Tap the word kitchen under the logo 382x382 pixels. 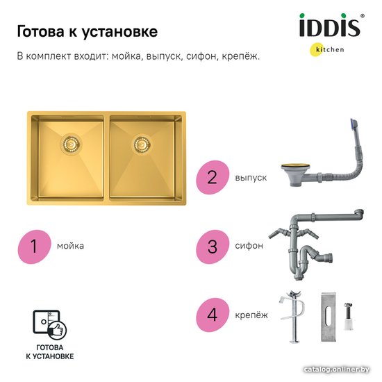(330, 49)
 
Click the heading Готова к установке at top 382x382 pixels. (88, 32)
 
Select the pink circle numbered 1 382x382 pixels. (34, 247)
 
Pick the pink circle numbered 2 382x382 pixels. (213, 177)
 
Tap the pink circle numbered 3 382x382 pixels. (213, 247)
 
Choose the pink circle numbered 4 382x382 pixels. (213, 315)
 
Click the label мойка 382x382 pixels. (70, 246)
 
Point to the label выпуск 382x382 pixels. (251, 178)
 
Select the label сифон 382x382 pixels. (249, 246)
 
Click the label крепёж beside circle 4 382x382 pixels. (251, 315)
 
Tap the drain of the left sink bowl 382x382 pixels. (70, 144)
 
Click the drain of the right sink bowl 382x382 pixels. (142, 144)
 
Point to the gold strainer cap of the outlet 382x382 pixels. (292, 167)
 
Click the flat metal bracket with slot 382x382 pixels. (328, 317)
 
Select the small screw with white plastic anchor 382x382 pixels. (349, 316)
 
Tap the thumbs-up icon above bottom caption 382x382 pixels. (57, 331)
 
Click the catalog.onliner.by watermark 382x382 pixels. (337, 369)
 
